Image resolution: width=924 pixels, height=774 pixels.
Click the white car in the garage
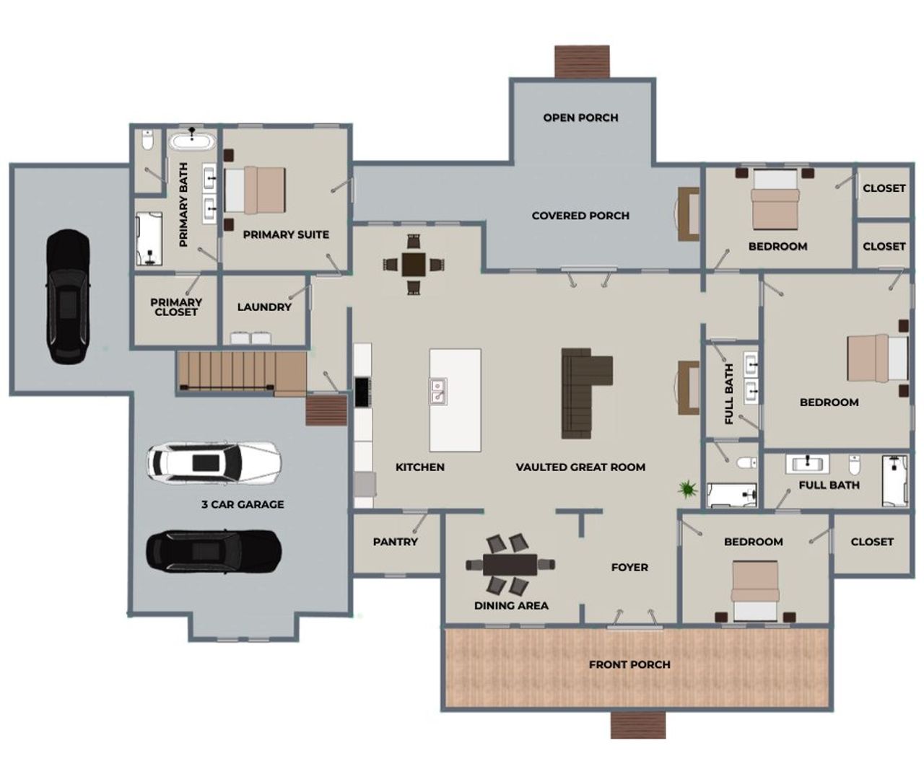point(214,462)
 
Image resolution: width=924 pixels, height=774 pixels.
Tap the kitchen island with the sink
point(455,400)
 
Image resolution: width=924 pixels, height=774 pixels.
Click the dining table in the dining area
point(510,563)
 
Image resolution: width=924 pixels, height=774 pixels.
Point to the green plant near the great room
point(687,490)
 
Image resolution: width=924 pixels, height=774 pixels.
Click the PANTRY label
point(395,542)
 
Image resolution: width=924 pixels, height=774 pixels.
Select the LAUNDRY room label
point(264,307)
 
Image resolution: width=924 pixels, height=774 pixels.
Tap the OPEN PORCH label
point(580,118)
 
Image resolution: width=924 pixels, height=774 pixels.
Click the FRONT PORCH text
point(629,664)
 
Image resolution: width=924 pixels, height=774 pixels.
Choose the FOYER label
point(629,568)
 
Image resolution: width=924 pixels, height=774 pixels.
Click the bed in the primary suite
point(254,191)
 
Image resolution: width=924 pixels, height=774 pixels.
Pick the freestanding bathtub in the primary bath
point(193,140)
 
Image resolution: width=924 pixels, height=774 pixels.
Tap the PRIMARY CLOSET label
point(176,307)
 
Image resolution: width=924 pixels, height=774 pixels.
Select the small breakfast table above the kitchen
point(414,265)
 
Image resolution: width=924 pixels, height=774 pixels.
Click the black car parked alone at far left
point(68,296)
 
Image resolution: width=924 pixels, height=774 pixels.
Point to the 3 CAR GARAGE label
point(243,505)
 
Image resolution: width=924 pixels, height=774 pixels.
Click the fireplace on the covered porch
point(688,214)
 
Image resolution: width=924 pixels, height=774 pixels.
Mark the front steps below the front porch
point(638,725)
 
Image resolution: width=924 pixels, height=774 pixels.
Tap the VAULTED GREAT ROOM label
point(580,467)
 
